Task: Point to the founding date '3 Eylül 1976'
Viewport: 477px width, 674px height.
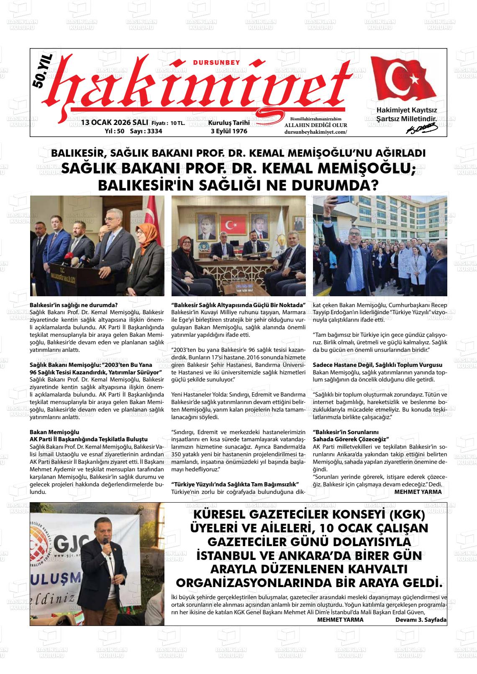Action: pos(229,131)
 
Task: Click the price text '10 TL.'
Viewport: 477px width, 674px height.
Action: pos(178,123)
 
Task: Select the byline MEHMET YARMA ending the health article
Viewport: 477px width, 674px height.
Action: pos(418,492)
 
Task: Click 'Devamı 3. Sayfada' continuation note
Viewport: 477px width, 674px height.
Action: pos(421,620)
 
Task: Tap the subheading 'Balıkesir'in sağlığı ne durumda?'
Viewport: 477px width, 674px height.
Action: pos(74,305)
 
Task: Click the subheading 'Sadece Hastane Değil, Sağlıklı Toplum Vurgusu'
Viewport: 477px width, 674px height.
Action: pos(377,365)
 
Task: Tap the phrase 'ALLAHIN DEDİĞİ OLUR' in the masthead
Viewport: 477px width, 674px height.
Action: pos(315,125)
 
